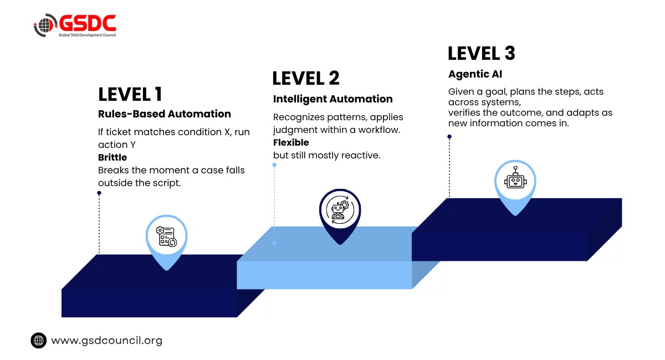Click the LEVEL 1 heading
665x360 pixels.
[x=130, y=94]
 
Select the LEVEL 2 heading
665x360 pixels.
[x=306, y=78]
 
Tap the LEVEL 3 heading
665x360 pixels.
[x=481, y=53]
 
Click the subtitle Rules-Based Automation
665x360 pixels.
[x=165, y=114]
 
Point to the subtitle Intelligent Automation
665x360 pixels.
[x=333, y=99]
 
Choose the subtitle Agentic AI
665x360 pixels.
[x=475, y=74]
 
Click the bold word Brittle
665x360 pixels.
[x=112, y=157]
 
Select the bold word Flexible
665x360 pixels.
[x=291, y=142]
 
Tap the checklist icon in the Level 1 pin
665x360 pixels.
[x=167, y=236]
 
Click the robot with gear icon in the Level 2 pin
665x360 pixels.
[x=340, y=210]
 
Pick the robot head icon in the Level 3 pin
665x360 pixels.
[x=515, y=177]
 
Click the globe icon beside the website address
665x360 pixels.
[x=39, y=341]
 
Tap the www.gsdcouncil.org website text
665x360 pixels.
[x=107, y=341]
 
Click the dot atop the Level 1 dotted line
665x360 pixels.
[x=99, y=193]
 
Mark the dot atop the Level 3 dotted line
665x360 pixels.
[x=449, y=136]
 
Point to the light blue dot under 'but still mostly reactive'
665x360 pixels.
[x=275, y=164]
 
